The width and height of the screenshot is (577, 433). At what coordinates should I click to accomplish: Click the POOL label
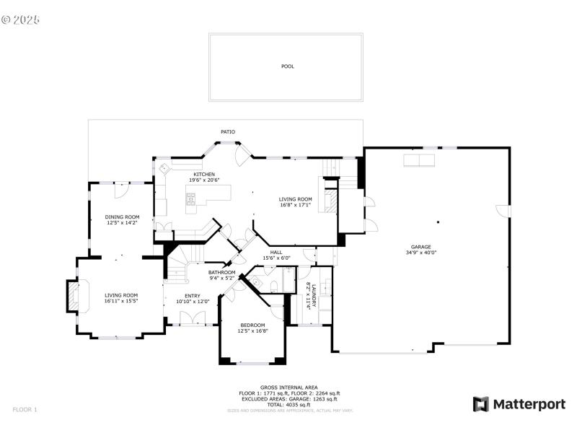[288, 66]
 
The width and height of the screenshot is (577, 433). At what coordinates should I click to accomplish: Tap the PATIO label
[228, 132]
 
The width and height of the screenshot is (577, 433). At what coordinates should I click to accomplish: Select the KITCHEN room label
[203, 174]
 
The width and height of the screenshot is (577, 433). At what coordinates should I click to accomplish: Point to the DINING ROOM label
[122, 217]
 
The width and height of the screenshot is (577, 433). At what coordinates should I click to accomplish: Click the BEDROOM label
[253, 325]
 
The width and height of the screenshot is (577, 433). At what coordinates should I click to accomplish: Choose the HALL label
[276, 252]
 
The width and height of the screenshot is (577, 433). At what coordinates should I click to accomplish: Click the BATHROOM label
[222, 272]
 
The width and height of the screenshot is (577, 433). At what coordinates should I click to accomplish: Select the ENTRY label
[193, 296]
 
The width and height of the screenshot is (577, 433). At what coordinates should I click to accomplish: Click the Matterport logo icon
[480, 404]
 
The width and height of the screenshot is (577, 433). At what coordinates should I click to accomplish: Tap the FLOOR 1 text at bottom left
[25, 410]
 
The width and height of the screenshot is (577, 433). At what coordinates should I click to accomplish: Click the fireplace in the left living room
[74, 296]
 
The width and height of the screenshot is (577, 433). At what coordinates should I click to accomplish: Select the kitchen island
[208, 195]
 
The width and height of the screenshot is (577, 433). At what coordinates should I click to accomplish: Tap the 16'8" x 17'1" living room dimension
[296, 205]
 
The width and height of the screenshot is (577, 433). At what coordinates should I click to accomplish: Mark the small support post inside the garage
[438, 222]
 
